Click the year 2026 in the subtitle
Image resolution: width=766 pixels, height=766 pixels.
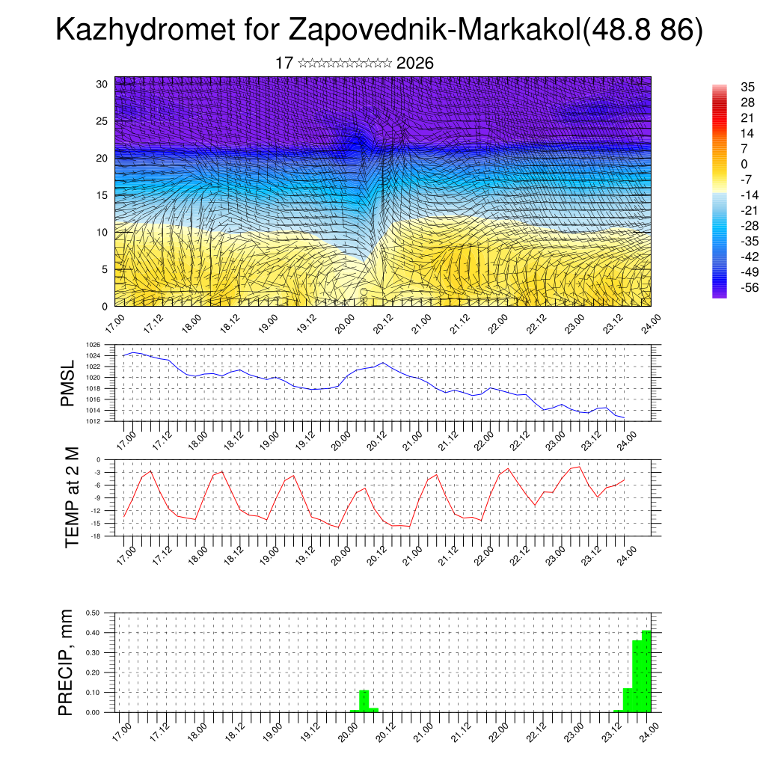(415, 63)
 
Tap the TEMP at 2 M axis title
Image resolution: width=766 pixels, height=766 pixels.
(72, 497)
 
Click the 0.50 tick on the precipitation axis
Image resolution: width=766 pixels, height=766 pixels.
(94, 613)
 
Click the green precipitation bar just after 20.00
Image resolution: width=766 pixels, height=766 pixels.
(364, 702)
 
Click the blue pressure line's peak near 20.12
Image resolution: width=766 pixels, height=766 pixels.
(383, 363)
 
